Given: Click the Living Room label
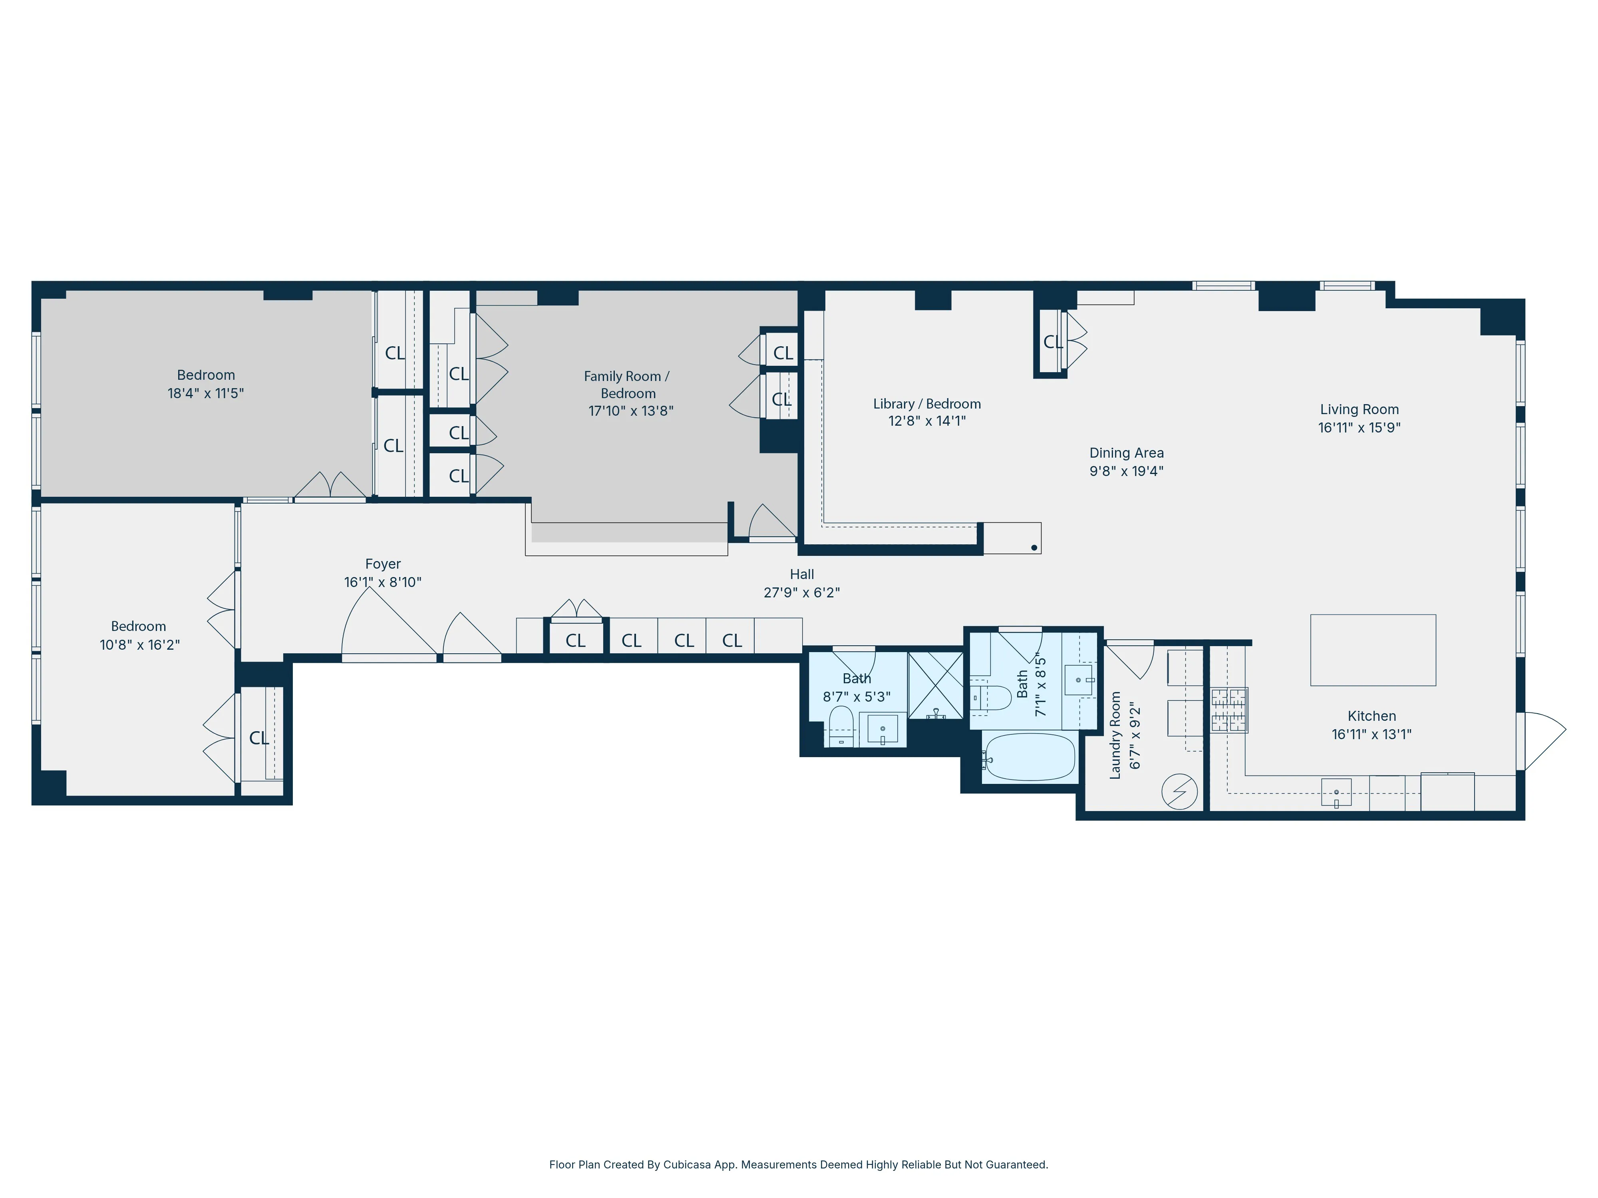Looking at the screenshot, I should (1359, 409).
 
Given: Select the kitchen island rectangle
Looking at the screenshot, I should (1373, 650).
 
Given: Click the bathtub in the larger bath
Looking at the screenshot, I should (1029, 757).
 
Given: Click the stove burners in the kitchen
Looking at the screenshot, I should (1229, 710).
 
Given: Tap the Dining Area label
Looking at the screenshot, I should (1126, 453).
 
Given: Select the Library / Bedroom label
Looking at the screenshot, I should (927, 404).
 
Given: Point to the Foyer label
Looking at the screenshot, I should (383, 564).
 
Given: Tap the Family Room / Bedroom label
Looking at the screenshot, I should (628, 385).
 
